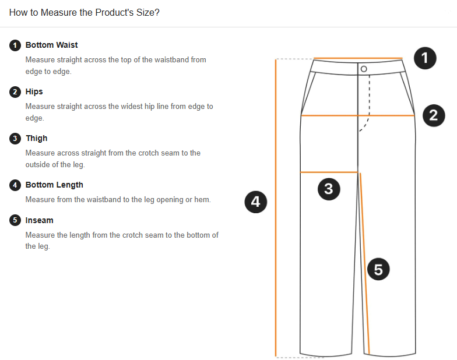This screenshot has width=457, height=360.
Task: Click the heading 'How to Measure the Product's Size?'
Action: click(84, 13)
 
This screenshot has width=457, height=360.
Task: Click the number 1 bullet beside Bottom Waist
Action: click(15, 45)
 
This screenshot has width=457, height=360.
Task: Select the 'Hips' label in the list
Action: click(34, 92)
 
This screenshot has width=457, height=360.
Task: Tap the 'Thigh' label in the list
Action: click(36, 138)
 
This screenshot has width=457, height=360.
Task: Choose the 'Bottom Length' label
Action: click(54, 185)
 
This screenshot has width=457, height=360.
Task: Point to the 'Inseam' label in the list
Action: click(40, 220)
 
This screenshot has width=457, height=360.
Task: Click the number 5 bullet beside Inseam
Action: click(15, 220)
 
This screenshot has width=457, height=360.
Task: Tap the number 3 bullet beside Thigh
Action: click(15, 139)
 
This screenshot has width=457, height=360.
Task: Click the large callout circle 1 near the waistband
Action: click(425, 58)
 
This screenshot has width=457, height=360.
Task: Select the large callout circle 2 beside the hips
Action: click(434, 115)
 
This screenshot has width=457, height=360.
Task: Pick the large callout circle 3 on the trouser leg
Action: click(329, 189)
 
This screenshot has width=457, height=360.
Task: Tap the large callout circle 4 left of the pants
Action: click(255, 202)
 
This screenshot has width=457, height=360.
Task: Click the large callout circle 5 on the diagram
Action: click(378, 269)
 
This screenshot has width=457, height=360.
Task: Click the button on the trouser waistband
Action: click(364, 69)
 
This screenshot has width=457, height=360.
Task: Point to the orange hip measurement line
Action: click(358, 115)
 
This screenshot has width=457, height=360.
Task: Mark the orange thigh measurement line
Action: click(329, 172)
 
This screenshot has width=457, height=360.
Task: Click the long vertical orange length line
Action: click(275, 207)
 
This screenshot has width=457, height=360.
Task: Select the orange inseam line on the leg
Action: click(365, 263)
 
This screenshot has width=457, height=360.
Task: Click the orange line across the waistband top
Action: click(358, 58)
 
